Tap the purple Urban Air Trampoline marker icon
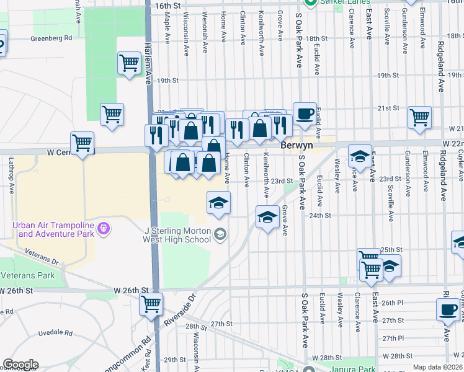pos(104,229)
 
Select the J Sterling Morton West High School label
pos(177,235)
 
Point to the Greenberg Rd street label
pos(51,38)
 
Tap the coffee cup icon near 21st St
pos(305,114)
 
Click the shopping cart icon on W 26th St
pos(151,304)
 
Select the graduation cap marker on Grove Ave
pos(267,217)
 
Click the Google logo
pos(20,365)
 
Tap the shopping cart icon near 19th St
pos(129,63)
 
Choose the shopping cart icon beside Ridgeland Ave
pos(419,116)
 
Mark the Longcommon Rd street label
pos(130,356)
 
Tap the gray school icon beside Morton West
pos(221,234)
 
